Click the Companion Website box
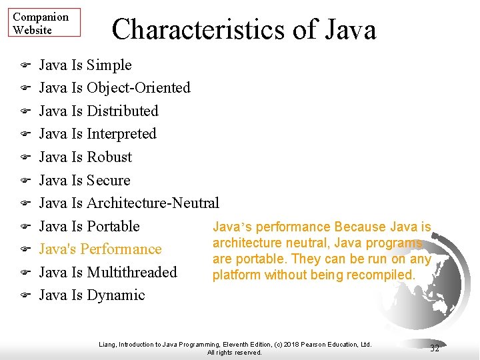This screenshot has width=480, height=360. [45, 22]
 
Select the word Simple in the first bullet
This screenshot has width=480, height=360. [109, 65]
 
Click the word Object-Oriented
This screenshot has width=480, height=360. [139, 88]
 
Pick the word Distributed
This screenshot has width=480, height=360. [123, 111]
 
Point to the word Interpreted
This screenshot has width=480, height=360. [121, 134]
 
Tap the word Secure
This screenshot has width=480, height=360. [109, 180]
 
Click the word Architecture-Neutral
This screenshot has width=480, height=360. [153, 203]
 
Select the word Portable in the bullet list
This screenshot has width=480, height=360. [113, 226]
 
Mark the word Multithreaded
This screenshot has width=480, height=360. [132, 272]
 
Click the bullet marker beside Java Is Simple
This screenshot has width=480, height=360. [23, 65]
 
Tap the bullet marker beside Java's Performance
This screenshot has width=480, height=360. [23, 249]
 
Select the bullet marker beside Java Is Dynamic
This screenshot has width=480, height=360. [23, 295]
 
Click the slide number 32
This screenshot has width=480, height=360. [435, 349]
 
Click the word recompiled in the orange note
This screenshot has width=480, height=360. [383, 275]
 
